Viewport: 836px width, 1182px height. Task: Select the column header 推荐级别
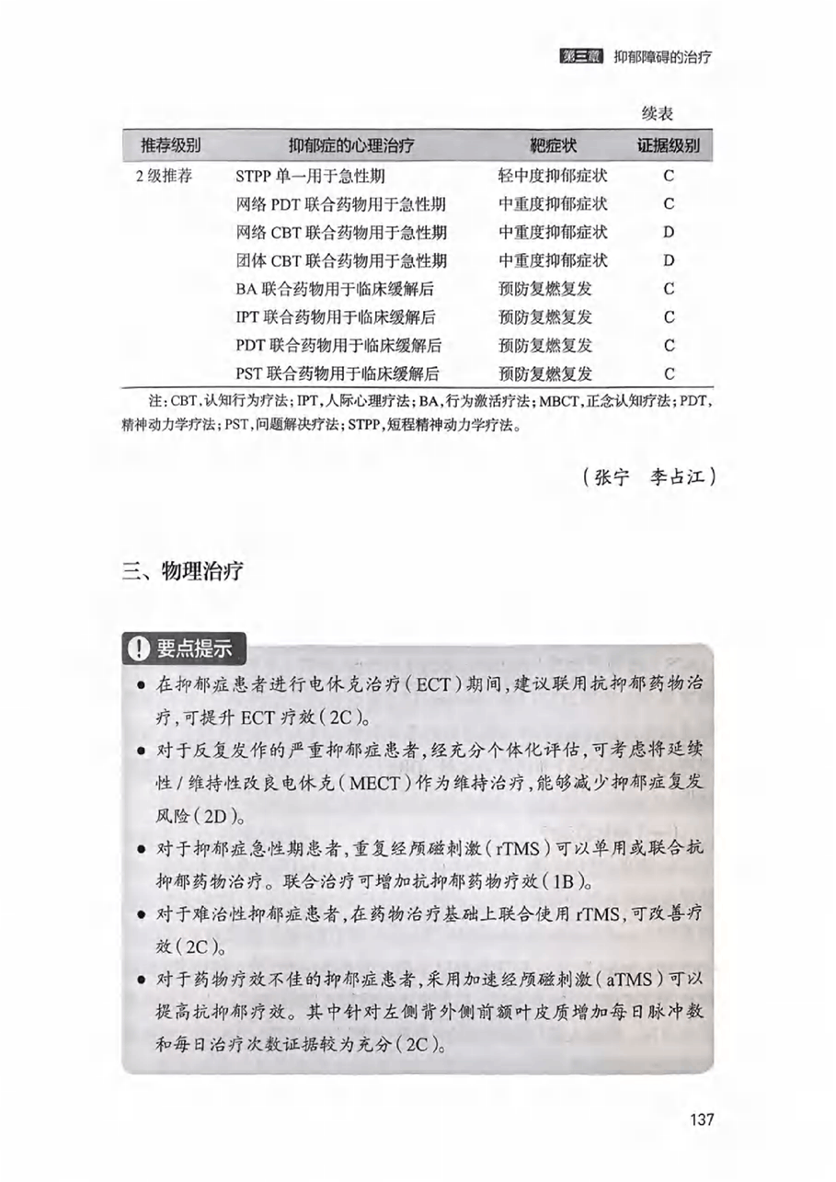170,145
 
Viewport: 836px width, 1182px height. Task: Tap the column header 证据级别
669,145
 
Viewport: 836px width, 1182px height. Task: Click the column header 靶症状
554,145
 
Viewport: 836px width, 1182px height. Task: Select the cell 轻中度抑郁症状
553,175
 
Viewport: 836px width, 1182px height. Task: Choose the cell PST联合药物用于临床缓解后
337,374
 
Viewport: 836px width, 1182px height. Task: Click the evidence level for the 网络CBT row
669,232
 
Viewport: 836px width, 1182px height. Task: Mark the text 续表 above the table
658,114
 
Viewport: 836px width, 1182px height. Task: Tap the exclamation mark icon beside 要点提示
137,648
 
